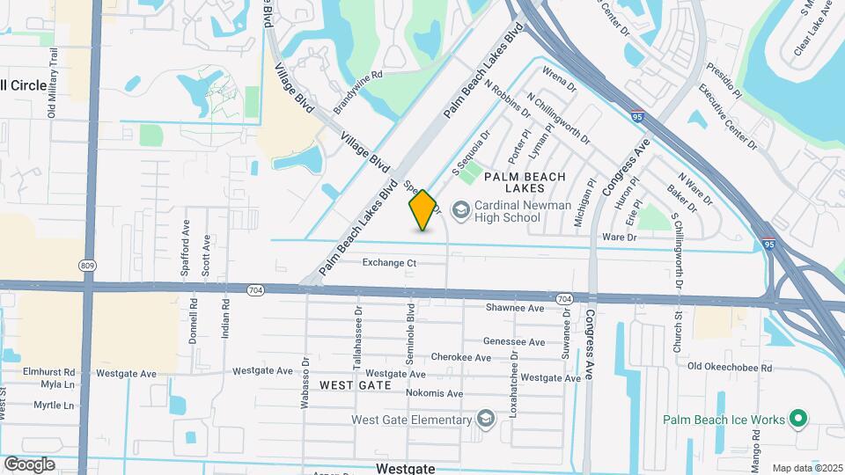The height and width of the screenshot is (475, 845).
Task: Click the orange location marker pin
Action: (x=422, y=210)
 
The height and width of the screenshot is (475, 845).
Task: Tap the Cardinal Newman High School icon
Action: (x=460, y=209)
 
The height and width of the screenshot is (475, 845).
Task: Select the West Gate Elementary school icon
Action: (x=485, y=419)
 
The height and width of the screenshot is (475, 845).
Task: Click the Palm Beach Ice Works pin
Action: (x=799, y=419)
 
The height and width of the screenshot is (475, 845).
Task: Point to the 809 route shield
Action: (x=87, y=265)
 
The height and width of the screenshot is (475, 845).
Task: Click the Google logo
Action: (x=29, y=464)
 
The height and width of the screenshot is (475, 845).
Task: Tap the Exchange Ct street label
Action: (x=389, y=262)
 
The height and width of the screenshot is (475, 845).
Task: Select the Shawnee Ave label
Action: (x=515, y=308)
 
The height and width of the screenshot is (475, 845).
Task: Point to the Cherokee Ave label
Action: (x=461, y=358)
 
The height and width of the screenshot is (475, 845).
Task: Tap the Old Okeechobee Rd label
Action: (x=730, y=368)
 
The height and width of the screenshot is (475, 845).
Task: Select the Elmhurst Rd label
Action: (x=49, y=372)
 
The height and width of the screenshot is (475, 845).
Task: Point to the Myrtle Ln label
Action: (x=54, y=406)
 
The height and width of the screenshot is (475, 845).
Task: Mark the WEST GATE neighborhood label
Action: (x=355, y=385)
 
